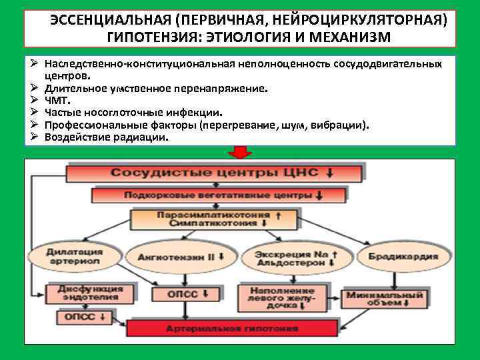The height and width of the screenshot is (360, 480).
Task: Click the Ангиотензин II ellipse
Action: pos(181,256)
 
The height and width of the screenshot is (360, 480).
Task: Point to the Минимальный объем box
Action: pos(383,298)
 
